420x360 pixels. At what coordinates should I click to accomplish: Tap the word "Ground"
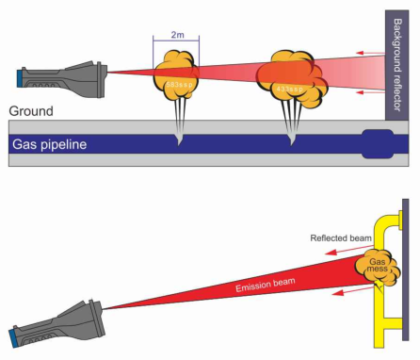pyautogui.click(x=28, y=111)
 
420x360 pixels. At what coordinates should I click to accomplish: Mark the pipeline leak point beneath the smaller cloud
pyautogui.click(x=178, y=140)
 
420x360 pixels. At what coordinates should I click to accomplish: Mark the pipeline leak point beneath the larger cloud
pyautogui.click(x=291, y=140)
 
